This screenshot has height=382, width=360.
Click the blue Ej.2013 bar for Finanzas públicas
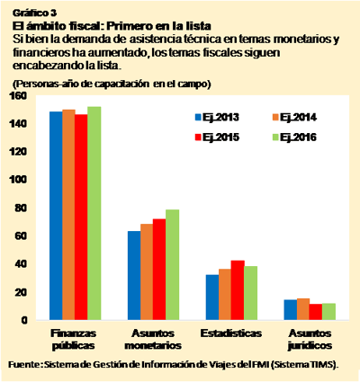(x=56, y=216)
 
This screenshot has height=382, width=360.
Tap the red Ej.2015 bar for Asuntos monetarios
(x=159, y=270)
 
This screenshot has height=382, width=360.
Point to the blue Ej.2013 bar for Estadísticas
(x=212, y=298)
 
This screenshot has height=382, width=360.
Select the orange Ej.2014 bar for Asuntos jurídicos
(x=303, y=309)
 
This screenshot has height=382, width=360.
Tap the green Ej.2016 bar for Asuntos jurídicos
(x=329, y=312)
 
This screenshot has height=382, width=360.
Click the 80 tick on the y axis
(x=24, y=207)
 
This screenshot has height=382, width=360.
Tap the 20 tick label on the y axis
(x=24, y=292)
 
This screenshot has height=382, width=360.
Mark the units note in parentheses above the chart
(x=112, y=83)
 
